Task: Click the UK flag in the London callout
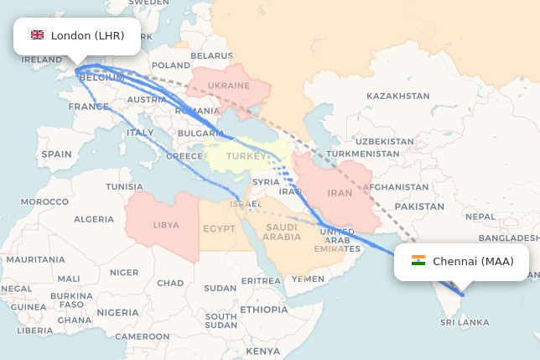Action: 37,35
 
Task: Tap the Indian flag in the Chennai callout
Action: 418,261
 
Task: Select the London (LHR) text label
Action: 87,35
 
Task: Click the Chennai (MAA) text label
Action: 473,261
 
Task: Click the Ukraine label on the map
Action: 228,86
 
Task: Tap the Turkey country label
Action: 246,156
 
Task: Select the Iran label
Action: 340,193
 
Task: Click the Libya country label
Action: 165,225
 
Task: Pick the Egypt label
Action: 219,228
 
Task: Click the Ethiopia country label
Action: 263,310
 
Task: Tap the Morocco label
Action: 44,201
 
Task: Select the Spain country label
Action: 56,154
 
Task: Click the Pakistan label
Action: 418,206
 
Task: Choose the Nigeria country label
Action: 117,312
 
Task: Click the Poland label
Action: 171,65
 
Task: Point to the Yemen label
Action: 308,279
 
